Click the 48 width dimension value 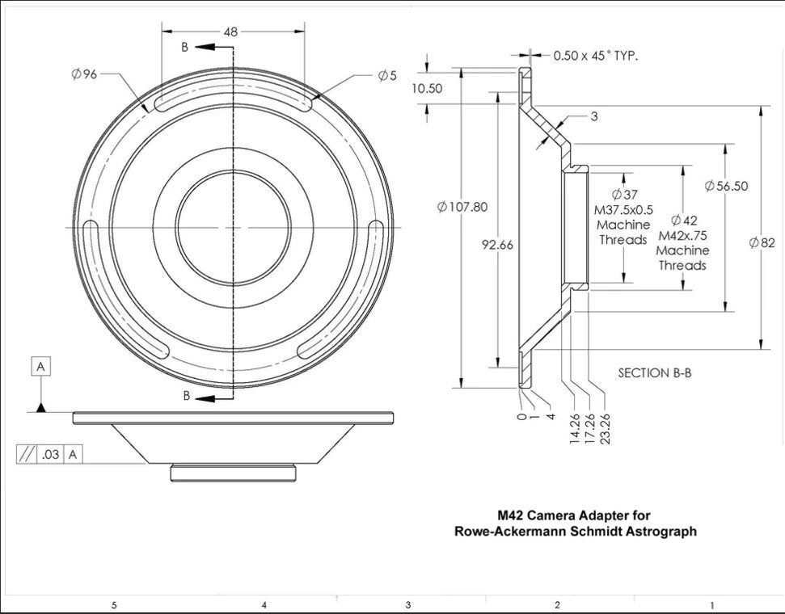coord(231,32)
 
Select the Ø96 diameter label coord(84,74)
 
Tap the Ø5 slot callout coord(387,75)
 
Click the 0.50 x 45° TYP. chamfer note coord(596,56)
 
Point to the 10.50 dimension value coord(427,89)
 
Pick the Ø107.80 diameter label coord(462,207)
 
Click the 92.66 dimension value coord(496,245)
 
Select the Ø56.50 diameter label coord(726,186)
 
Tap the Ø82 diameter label coord(762,242)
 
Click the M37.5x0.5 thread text coord(624,209)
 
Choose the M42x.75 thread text coord(682,235)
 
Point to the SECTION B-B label coord(655,373)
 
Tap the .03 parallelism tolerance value coord(50,455)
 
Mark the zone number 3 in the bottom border coord(408,604)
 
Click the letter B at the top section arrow coord(184,48)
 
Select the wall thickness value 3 coord(593,117)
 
